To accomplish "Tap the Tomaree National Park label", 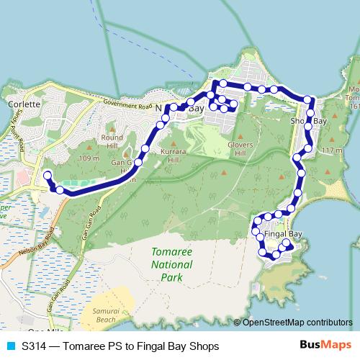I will pyautogui.click(x=167, y=264).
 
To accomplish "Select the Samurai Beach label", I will pyautogui.click(x=105, y=314).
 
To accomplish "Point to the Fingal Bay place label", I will pyautogui.click(x=282, y=234).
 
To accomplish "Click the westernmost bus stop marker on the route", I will pyautogui.click(x=48, y=176).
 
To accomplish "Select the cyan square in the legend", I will pyautogui.click(x=10, y=346).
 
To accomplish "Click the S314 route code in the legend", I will pyautogui.click(x=34, y=346).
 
